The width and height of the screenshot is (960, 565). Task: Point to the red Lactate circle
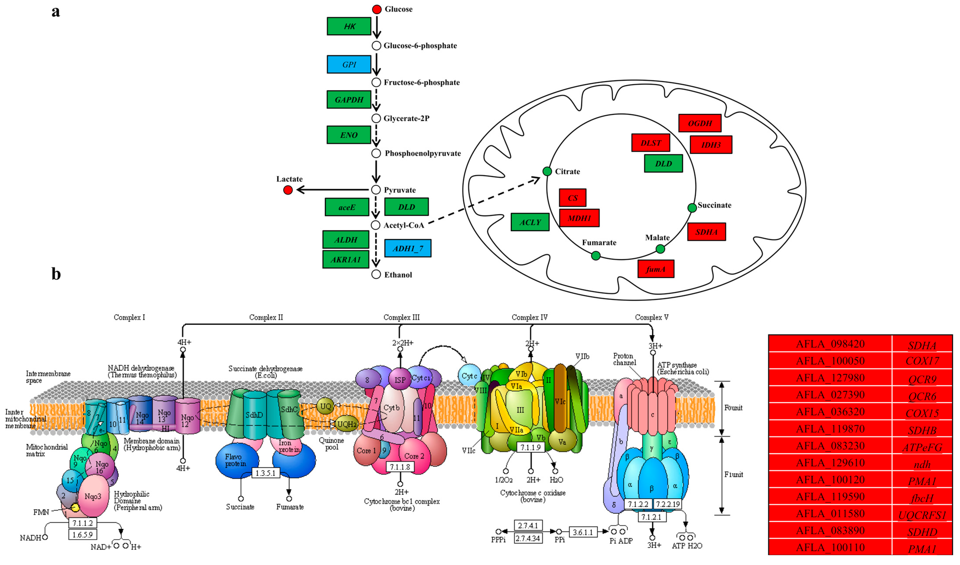[x=288, y=190]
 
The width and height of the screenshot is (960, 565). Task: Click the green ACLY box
[x=530, y=222]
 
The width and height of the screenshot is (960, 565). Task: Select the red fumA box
[x=656, y=269]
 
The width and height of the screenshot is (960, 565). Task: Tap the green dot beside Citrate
[x=547, y=171]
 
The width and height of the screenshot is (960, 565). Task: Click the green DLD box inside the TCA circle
[x=663, y=163]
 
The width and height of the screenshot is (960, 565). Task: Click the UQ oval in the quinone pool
[x=325, y=406]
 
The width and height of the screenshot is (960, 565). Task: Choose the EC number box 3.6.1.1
[x=583, y=532]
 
